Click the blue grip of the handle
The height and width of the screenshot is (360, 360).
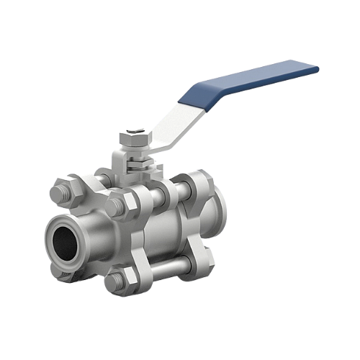pyautogui.click(x=252, y=81)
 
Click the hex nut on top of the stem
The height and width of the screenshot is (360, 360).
pyautogui.click(x=134, y=137)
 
